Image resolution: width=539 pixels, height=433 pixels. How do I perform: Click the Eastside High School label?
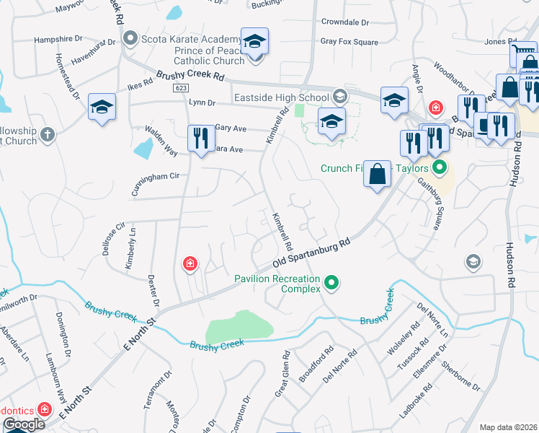tap(282, 97)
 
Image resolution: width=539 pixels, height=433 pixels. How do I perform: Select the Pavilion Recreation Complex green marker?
tap(331, 282)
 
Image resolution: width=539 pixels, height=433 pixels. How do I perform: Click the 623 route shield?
tap(181, 87)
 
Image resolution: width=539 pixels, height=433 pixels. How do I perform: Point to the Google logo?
tap(24, 424)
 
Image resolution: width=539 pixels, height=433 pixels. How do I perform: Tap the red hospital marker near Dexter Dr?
tap(190, 264)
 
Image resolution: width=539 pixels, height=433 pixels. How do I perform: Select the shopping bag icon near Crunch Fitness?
tap(378, 174)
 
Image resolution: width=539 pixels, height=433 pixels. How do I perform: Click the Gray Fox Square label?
tap(349, 43)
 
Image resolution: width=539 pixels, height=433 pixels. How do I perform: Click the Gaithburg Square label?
tap(429, 204)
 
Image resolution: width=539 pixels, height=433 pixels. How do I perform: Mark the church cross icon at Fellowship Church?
tap(48, 134)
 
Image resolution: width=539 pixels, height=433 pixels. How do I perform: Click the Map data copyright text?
tap(509, 427)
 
